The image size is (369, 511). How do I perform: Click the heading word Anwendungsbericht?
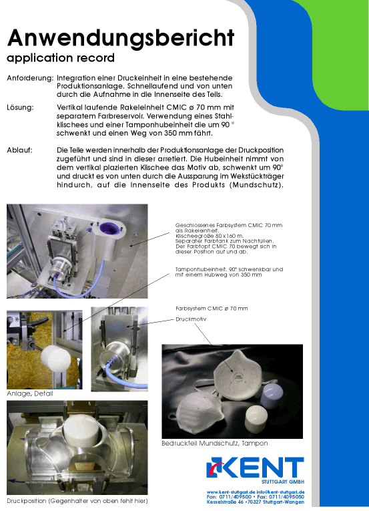coord(121,39)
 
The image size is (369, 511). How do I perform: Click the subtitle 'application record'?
coord(61,58)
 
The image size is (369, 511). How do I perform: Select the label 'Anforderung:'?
coord(30,79)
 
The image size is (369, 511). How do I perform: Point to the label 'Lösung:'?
coord(20,108)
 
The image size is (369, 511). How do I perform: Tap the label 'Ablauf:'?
coord(19,150)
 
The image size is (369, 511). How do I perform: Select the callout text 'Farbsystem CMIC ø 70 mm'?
coord(212,309)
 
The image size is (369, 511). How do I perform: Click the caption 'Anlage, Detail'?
coord(30,393)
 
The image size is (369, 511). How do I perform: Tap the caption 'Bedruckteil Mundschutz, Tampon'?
coord(215,444)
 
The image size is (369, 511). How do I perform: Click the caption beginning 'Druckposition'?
coord(77,501)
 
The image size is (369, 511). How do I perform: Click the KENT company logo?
coord(256,468)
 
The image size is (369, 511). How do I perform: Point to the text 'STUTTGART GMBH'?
coord(283,482)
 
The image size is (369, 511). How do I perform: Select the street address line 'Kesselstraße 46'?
coord(225,502)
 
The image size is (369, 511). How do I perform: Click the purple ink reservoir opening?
coord(109,228)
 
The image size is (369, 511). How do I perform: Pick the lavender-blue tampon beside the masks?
coord(271,396)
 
